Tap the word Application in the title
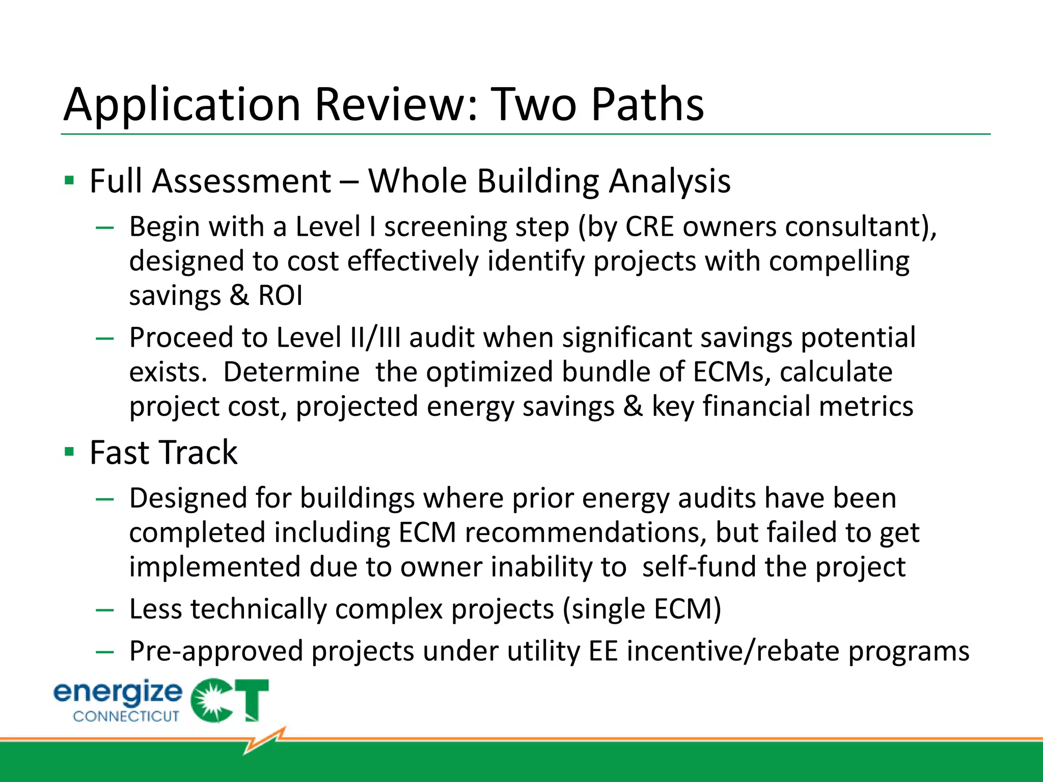click(x=182, y=106)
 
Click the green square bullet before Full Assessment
click(x=70, y=180)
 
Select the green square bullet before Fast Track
click(x=70, y=452)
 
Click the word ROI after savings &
click(x=280, y=295)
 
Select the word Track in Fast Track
click(x=198, y=453)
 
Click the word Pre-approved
click(x=216, y=652)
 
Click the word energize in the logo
click(x=118, y=693)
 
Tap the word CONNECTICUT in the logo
click(x=126, y=716)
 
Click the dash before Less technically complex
click(x=104, y=609)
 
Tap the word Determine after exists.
click(x=291, y=372)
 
